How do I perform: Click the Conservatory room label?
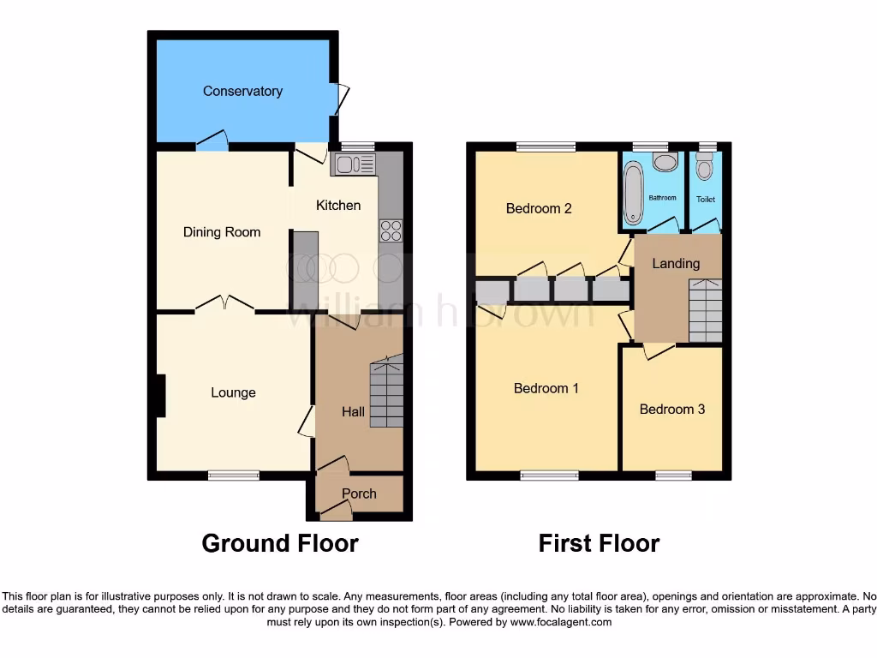[242, 91]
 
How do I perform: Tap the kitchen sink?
[354, 164]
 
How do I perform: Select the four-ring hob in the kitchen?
[391, 230]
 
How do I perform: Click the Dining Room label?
[222, 232]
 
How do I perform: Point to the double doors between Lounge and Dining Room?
[224, 305]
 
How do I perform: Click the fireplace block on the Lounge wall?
[161, 397]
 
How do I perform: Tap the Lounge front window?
[234, 476]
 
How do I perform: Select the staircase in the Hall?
[385, 392]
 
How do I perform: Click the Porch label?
[359, 493]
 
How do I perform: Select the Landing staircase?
[705, 310]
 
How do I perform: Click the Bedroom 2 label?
[539, 208]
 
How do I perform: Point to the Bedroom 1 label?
[546, 388]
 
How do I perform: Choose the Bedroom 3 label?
[672, 409]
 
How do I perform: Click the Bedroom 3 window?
[674, 476]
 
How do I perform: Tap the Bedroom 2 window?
[546, 147]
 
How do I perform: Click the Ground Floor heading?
[280, 543]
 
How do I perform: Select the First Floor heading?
[599, 543]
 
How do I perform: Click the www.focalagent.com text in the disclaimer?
[560, 622]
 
